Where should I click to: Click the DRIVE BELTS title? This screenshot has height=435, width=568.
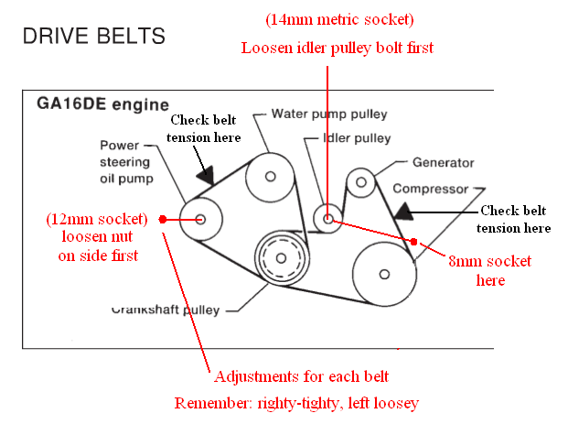[x=93, y=37]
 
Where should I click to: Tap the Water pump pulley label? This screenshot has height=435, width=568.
[x=329, y=114]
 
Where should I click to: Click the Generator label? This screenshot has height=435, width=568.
[x=443, y=163]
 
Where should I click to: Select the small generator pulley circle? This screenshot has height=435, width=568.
[x=361, y=182]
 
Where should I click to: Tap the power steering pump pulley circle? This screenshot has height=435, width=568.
[x=201, y=218]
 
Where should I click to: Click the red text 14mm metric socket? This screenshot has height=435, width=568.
[x=327, y=19]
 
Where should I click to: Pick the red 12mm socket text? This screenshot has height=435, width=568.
[x=97, y=220]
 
